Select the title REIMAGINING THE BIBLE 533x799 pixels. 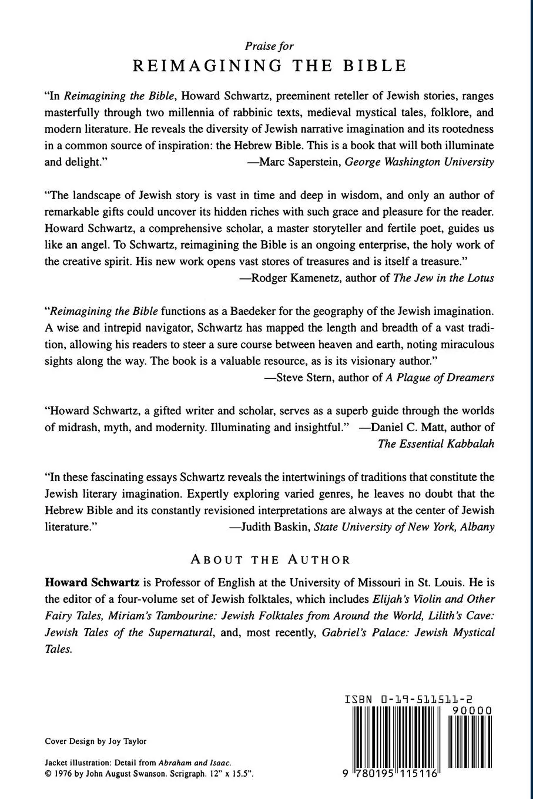pos(269,66)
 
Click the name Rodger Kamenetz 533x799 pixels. pos(291,278)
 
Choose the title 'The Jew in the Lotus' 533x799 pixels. pos(444,278)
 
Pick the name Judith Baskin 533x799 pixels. pos(277,527)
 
